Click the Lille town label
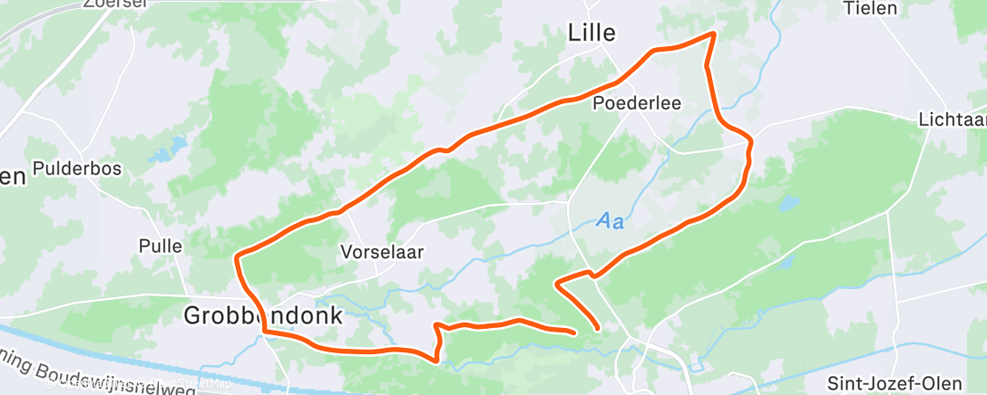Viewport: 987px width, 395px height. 591,34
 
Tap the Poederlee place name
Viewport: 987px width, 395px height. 637,103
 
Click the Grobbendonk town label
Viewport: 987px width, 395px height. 263,316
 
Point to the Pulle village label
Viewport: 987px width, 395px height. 161,246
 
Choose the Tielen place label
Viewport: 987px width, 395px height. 870,8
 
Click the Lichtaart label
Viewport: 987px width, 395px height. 952,120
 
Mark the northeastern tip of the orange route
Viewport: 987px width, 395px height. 713,34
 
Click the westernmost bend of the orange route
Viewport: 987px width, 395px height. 237,259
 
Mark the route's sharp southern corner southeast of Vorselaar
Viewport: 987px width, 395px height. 438,360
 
